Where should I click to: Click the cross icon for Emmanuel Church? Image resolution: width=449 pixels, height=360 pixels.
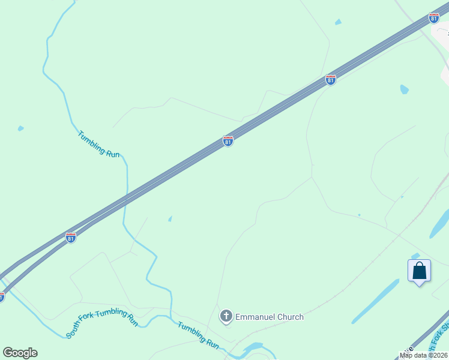(226, 316)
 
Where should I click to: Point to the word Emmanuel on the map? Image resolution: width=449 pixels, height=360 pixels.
(255, 317)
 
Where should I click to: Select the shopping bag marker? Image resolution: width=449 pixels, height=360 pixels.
(419, 271)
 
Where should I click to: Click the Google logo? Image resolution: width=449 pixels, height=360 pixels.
(20, 352)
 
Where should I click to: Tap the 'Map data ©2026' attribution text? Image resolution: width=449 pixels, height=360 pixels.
(423, 355)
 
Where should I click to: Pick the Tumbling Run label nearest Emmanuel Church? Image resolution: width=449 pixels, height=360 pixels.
(198, 335)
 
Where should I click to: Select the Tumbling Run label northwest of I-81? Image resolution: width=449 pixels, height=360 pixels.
(98, 144)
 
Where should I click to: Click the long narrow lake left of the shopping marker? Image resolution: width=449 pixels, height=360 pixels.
(375, 302)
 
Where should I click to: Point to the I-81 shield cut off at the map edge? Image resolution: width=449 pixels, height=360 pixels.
(1, 296)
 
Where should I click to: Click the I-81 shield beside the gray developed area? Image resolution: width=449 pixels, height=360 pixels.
(434, 18)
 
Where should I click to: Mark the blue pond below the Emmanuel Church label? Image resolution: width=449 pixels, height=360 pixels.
(252, 348)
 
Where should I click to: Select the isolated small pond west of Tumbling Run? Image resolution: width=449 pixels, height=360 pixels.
(21, 128)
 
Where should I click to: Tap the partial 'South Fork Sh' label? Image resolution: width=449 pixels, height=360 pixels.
(437, 342)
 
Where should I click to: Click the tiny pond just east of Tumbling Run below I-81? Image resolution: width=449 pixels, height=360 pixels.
(170, 218)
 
